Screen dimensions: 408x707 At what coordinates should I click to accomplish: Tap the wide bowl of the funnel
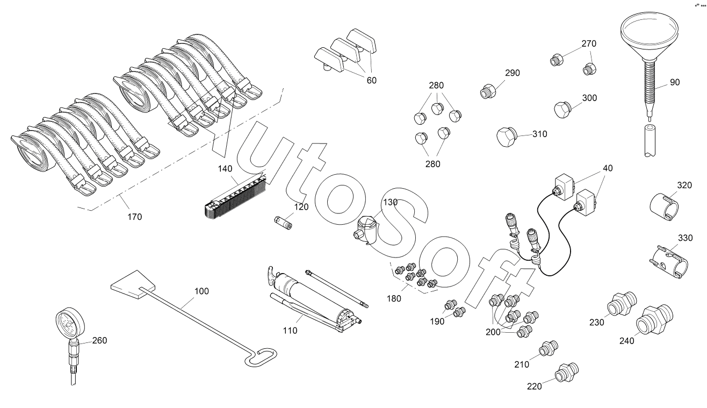[x=648, y=30]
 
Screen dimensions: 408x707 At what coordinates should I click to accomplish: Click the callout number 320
[x=684, y=185]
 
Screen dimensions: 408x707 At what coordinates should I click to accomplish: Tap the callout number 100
[x=201, y=291]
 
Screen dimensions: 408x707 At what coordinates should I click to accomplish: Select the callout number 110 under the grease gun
[x=290, y=331]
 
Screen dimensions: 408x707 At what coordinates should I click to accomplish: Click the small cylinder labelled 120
[x=282, y=221]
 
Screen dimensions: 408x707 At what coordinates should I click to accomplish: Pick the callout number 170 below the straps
[x=134, y=217]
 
